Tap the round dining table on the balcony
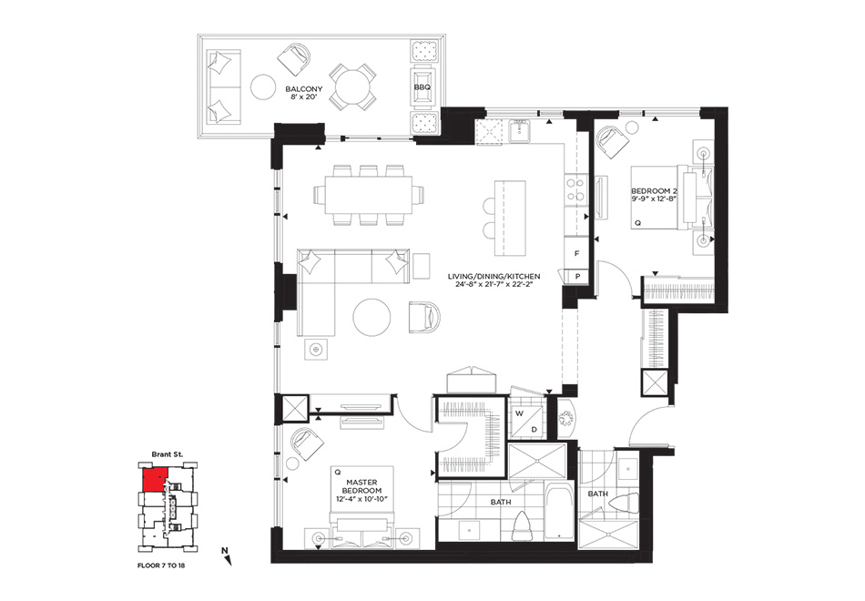coord(353,87)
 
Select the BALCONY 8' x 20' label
coord(304,92)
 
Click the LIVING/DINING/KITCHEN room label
coord(494,280)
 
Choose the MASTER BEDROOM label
coord(361,491)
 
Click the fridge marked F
coord(577,254)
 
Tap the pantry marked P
coord(577,276)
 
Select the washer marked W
coord(519,413)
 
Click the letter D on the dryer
coord(534,430)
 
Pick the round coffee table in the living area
coord(371,317)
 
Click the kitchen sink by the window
coord(520,131)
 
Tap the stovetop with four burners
coord(576,189)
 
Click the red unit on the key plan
coord(155,480)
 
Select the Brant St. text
coord(168,454)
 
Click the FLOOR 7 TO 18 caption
coord(162,565)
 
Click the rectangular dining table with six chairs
coord(369,195)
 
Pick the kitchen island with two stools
coord(510,218)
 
